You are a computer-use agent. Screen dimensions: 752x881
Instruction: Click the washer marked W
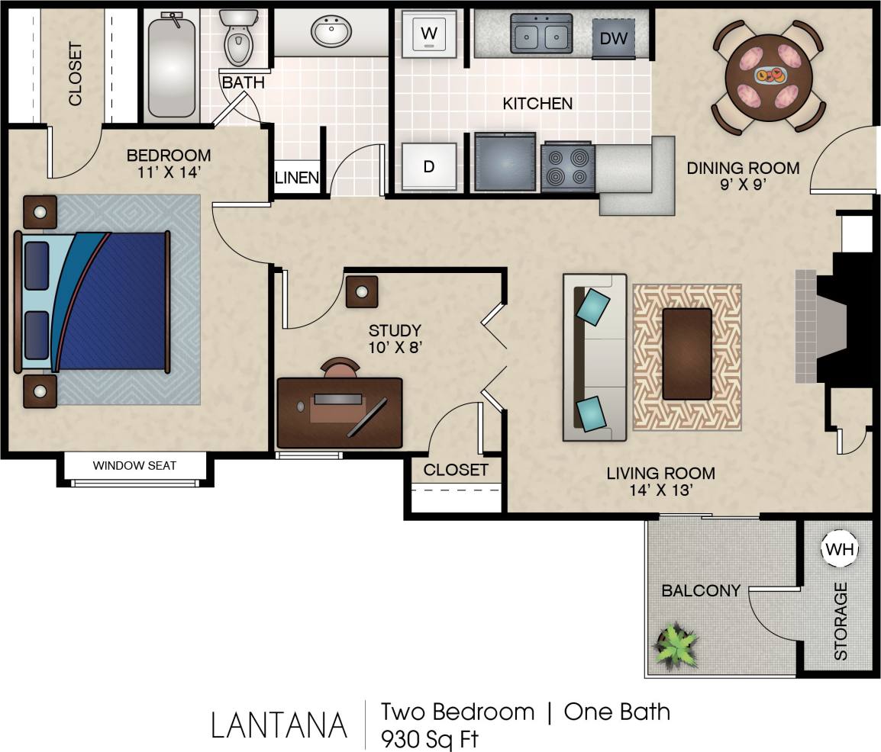point(429,34)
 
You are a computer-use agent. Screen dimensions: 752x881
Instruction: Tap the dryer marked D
point(429,166)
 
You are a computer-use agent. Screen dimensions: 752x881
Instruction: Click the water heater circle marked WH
point(840,549)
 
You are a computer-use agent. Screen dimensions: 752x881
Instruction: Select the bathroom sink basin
point(331,33)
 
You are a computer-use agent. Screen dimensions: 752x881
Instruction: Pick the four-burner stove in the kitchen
point(568,167)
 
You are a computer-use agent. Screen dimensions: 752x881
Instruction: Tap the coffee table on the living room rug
point(687,353)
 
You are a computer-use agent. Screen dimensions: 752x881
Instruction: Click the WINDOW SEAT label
point(134,465)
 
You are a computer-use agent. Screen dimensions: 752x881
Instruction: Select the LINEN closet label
point(296,178)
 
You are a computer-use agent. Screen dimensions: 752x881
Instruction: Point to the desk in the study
point(340,412)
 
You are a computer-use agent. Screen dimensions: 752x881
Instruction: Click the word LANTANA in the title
point(279,725)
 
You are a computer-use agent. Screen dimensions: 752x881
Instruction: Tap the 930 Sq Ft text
point(431,738)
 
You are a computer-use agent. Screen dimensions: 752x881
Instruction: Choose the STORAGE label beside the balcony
point(841,621)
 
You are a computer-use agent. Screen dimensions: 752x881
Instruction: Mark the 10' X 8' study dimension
point(395,348)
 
